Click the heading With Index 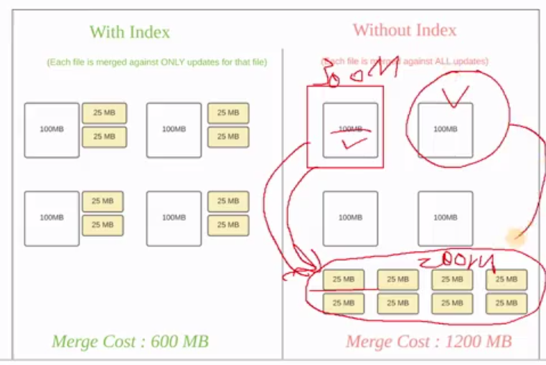click(x=129, y=32)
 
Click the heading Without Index click(x=404, y=30)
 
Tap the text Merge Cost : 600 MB click(x=130, y=341)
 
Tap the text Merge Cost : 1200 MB click(x=428, y=341)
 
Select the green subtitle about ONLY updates click(x=157, y=62)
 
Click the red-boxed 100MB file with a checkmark click(x=350, y=130)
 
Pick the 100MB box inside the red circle click(x=446, y=130)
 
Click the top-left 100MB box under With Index click(x=52, y=130)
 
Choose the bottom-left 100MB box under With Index click(x=52, y=218)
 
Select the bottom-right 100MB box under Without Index click(x=446, y=218)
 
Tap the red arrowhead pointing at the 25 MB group click(x=311, y=271)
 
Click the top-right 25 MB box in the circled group click(x=506, y=280)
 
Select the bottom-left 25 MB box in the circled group click(x=344, y=303)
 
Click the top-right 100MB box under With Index click(x=174, y=130)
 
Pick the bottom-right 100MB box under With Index click(x=174, y=218)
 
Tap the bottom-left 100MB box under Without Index click(x=350, y=218)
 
